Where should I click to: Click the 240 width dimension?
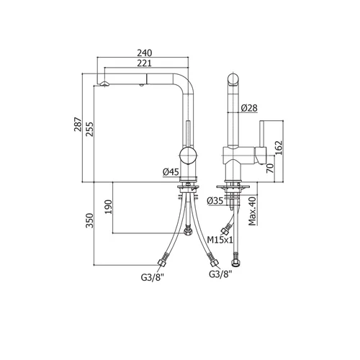tap(145, 53)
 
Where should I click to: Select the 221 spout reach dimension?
tap(145, 63)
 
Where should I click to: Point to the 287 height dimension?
tap(78, 124)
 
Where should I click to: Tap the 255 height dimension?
tap(89, 129)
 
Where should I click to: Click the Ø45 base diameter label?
tap(171, 172)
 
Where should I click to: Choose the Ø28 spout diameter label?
tap(249, 108)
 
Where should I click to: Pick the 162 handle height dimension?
tap(279, 148)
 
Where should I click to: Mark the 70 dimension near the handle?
tap(270, 168)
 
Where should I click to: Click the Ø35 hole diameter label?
tap(215, 201)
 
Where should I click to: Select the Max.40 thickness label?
tap(252, 211)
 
